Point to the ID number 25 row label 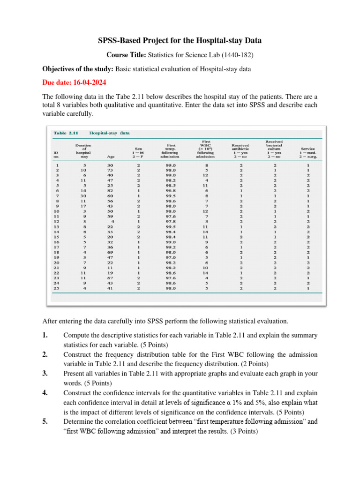(56, 288)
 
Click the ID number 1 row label (57, 165)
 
